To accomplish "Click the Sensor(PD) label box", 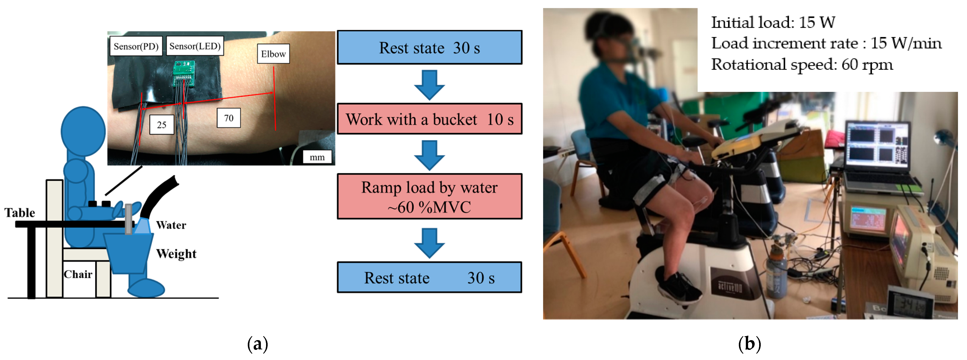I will [136, 46].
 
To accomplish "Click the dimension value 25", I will [161, 125].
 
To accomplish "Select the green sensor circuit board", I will [183, 73].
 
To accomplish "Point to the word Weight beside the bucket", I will [176, 254].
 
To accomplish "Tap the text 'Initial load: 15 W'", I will [772, 23].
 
